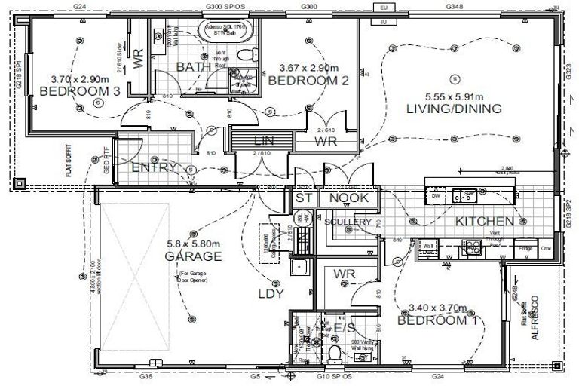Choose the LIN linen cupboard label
(262, 141)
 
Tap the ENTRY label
(154, 167)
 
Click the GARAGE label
(193, 256)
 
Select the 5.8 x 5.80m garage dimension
(193, 244)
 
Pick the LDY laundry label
(271, 293)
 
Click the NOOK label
(349, 198)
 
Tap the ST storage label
(304, 198)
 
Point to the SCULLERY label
(348, 222)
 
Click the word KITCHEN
(484, 222)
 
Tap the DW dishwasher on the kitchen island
(437, 195)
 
